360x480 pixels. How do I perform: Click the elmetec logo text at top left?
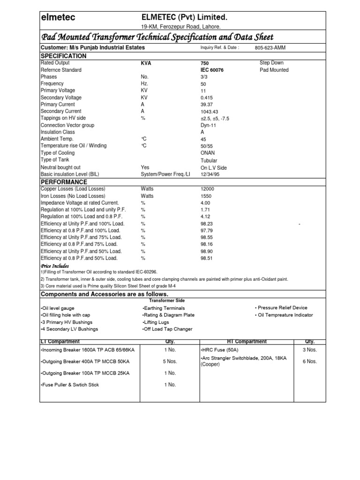pos(58,18)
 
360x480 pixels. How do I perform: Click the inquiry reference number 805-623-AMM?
pos(270,48)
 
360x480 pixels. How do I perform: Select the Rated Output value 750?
pos(204,63)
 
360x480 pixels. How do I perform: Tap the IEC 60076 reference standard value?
pos(212,70)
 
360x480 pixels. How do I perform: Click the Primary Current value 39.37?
pos(206,105)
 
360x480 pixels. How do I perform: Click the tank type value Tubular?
pos(209,160)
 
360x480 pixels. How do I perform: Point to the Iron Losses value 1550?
pos(206,195)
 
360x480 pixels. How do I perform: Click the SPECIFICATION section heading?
pos(64,56)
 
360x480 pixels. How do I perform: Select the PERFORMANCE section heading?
pos(64,182)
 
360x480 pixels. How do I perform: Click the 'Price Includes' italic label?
pos(55,266)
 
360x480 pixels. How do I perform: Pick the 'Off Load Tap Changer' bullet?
pos(167,329)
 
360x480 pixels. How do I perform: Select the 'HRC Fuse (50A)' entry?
pos(219,350)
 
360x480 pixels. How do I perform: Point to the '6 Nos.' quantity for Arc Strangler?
pos(309,361)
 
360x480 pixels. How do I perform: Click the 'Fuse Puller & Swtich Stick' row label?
pos(70,385)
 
